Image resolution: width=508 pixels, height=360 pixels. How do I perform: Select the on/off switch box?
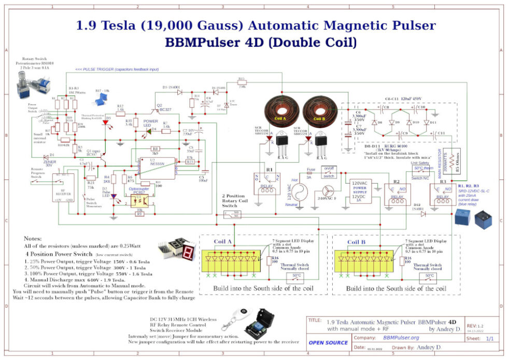point(329,172)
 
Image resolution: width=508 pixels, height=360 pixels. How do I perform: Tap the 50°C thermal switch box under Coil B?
point(429,275)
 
